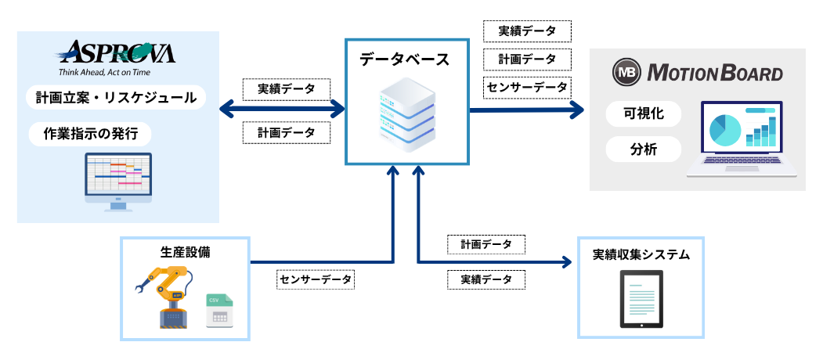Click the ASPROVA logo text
(x=117, y=53)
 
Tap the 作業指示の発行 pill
(x=90, y=134)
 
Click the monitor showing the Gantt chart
(x=118, y=180)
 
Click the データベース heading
(x=405, y=59)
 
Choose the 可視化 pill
(x=643, y=113)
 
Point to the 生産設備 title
(x=185, y=252)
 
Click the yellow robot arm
(x=167, y=293)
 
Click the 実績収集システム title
(x=641, y=254)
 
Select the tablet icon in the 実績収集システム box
(x=641, y=299)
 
